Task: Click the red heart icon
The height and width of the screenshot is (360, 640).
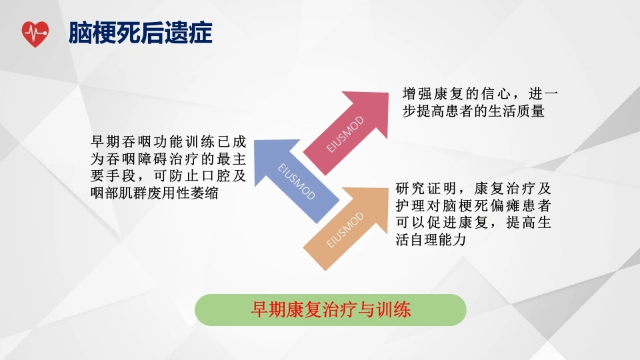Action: point(35,34)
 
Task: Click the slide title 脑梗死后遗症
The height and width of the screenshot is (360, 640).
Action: point(141,33)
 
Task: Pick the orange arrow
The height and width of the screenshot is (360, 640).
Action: point(346,229)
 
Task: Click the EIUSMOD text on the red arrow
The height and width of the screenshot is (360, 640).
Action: point(345,134)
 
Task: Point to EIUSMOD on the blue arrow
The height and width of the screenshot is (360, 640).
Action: point(296,181)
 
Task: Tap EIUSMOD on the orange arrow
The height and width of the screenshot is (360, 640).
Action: point(345,230)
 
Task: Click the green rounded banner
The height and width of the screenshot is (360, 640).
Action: point(331,310)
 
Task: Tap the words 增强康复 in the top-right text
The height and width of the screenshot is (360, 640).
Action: point(433,94)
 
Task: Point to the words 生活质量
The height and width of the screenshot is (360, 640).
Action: point(516,111)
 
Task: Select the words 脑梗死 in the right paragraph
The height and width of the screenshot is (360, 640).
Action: point(465,206)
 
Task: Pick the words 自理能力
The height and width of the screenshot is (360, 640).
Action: point(438,239)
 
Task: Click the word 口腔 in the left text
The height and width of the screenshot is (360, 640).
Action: point(215,175)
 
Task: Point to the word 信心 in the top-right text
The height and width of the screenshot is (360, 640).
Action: point(496,94)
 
